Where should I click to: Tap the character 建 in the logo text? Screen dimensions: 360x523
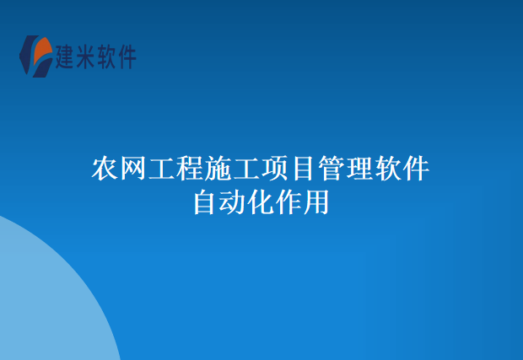[x=66, y=56]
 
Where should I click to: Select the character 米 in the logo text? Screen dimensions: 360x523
[x=86, y=56]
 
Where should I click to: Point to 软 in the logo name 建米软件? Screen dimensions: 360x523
[x=106, y=56]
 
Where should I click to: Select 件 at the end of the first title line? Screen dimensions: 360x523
[x=417, y=169]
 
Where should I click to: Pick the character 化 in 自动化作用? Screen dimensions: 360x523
[x=261, y=203]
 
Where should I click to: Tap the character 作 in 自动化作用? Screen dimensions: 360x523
[x=289, y=203]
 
